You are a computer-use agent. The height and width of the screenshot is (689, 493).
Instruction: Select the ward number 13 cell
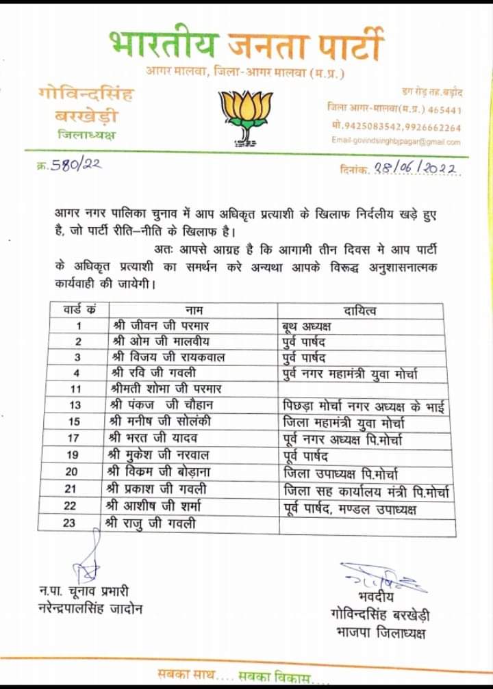click(x=79, y=404)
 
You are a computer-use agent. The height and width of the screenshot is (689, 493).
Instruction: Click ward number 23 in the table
click(x=79, y=524)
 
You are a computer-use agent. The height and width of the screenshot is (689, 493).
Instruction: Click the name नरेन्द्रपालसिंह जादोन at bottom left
click(x=91, y=607)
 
